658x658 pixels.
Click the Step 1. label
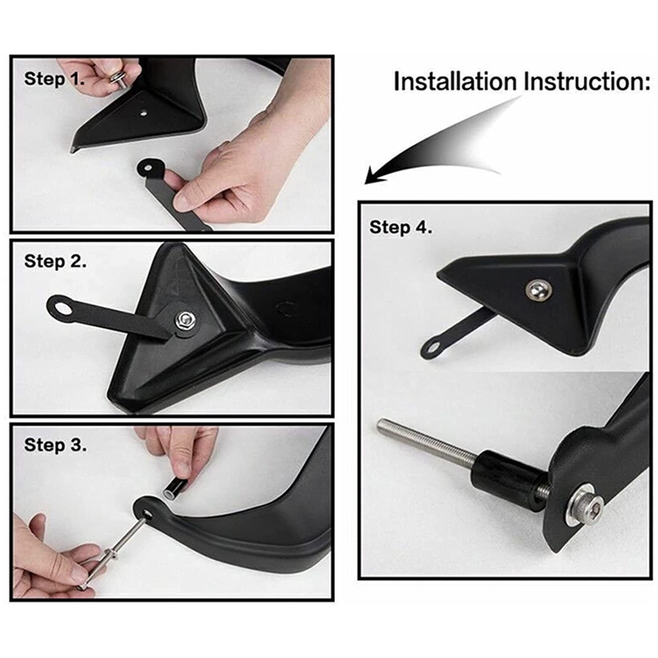(54, 80)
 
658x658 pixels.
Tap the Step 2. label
(55, 261)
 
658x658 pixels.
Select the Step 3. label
(55, 445)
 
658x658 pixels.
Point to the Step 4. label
(401, 228)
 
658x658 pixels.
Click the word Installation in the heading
(455, 82)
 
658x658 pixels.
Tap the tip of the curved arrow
(366, 183)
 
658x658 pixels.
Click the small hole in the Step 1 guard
(143, 113)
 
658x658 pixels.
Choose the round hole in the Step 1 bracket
(147, 167)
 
